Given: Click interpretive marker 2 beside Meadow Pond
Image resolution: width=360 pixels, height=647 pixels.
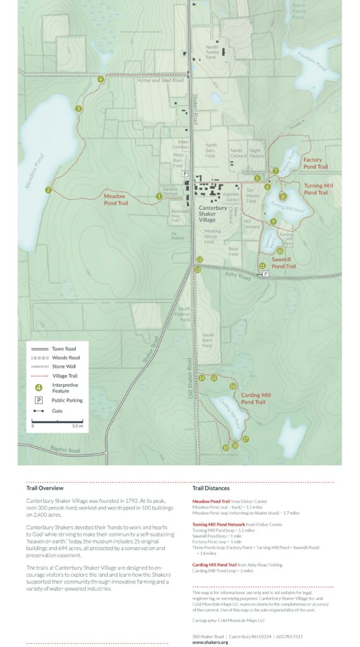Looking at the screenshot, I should pyautogui.click(x=48, y=190).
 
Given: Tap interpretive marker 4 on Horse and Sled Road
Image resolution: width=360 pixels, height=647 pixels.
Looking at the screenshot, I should pyautogui.click(x=100, y=80).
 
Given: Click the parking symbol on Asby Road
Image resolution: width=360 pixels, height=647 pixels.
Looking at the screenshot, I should pyautogui.click(x=266, y=274).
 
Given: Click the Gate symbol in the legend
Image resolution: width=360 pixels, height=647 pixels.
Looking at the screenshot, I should pyautogui.click(x=39, y=410).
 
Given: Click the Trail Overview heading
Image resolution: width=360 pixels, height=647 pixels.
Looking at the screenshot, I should pyautogui.click(x=44, y=488).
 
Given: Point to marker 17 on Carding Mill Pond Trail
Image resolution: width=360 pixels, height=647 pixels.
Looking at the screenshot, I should pyautogui.click(x=246, y=438).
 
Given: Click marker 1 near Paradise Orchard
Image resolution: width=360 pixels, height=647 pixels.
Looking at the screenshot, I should pyautogui.click(x=159, y=197).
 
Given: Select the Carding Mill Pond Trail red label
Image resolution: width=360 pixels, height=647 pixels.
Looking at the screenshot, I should pyautogui.click(x=256, y=399).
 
